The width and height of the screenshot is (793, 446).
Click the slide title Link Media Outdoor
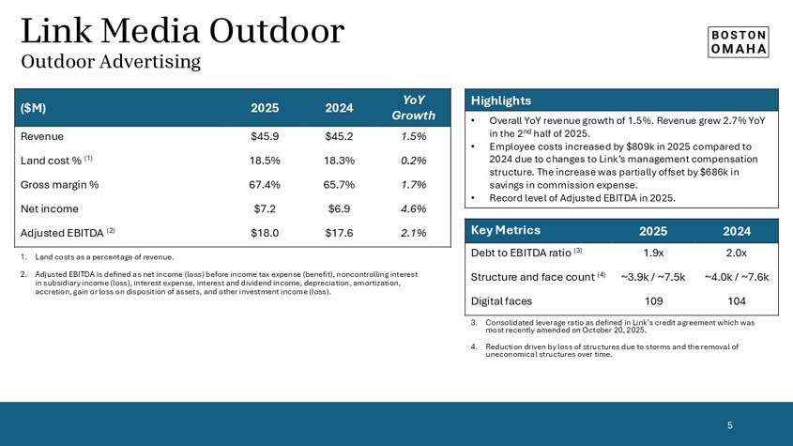coord(182,31)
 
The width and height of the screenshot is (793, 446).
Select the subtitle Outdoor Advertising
coord(111,62)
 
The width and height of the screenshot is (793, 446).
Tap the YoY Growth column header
coord(412,107)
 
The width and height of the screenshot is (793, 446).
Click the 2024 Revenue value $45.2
coord(338,136)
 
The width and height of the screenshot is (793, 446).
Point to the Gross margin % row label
coord(59,184)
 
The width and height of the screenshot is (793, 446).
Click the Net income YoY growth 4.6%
coord(413,208)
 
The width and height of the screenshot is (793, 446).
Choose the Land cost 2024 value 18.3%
coord(338,161)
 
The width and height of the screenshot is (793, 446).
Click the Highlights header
coord(501,100)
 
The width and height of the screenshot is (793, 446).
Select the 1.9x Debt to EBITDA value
coord(654,253)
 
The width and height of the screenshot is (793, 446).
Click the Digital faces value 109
coord(654,301)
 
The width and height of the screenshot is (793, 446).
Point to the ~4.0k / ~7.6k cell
coord(736,277)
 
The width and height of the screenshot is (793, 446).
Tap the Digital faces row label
coord(501,301)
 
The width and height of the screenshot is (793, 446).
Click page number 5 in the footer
coord(730,425)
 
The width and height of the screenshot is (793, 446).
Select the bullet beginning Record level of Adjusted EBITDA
coord(582,198)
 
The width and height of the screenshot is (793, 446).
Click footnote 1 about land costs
coord(99,256)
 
